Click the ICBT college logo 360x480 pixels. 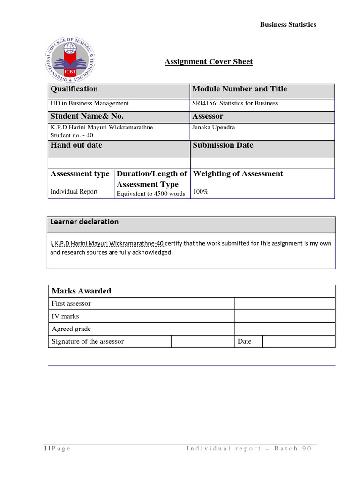(73, 60)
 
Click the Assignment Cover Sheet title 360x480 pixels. (209, 62)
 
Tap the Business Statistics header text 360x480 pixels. (288, 24)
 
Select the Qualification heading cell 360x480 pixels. (75, 89)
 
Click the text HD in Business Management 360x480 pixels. (90, 103)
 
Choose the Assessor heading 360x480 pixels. (208, 116)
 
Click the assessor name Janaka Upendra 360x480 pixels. (214, 127)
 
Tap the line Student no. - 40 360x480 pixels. (72, 135)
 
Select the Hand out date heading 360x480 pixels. (76, 145)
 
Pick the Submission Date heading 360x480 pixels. (223, 145)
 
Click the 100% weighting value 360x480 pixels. (201, 191)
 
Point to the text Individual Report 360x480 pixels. (74, 191)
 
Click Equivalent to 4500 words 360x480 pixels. (151, 194)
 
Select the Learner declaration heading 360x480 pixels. (84, 222)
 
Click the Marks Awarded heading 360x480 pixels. (82, 291)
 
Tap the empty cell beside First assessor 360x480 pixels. (285, 304)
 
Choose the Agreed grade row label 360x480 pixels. (71, 329)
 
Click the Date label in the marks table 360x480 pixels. (244, 342)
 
